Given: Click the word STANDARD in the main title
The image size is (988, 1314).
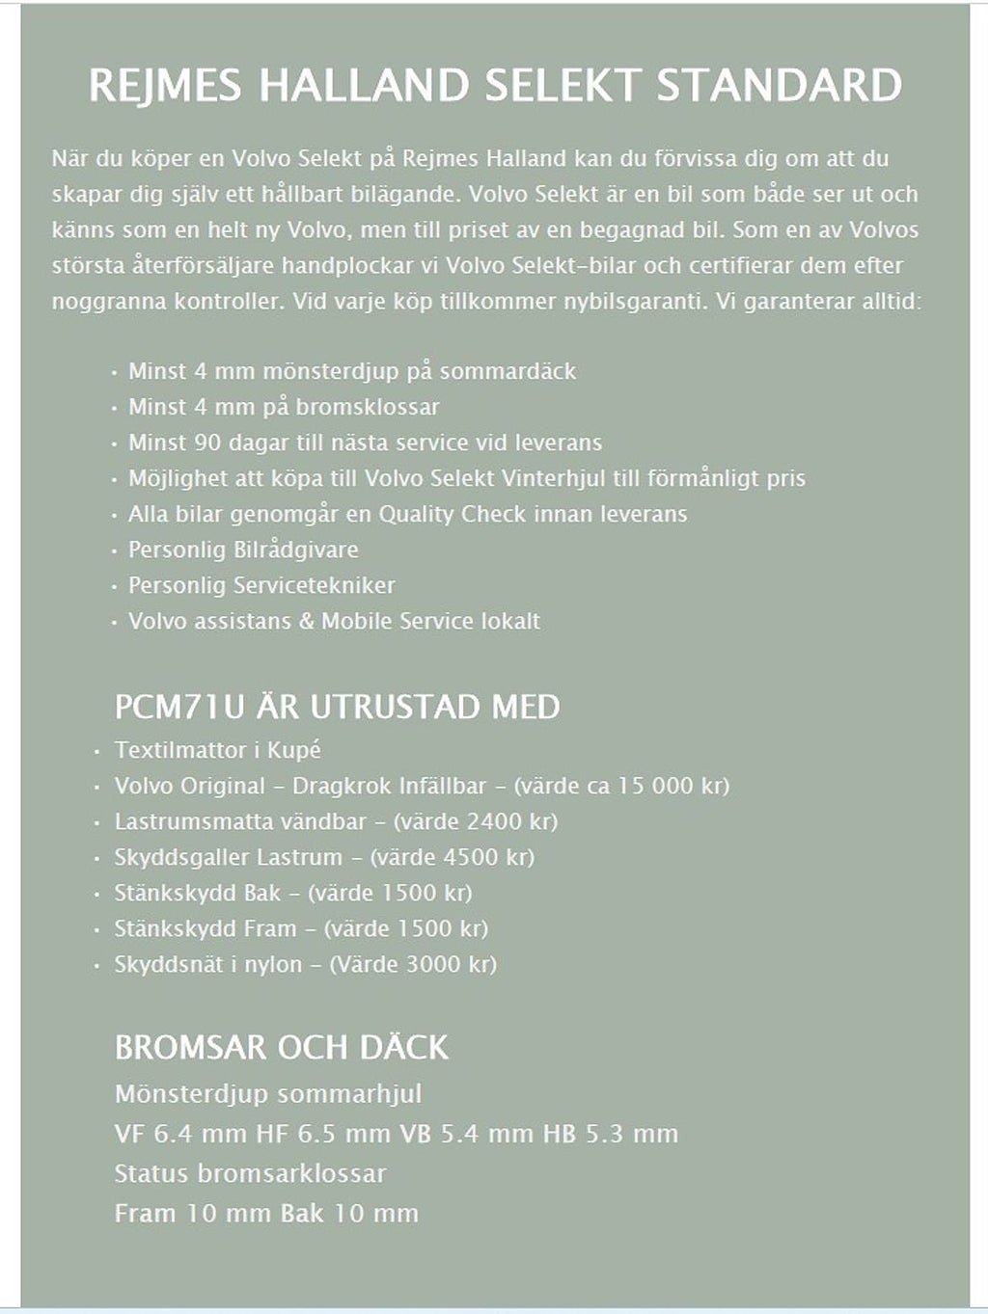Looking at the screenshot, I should coord(779,86).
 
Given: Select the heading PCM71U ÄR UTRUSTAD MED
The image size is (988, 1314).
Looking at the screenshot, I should coord(337,707).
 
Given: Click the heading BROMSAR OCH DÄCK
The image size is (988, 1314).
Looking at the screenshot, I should coord(281,1047).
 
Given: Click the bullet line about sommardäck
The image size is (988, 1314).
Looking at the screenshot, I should coord(351,371).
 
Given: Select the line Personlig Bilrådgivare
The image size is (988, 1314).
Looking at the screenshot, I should coord(243,550).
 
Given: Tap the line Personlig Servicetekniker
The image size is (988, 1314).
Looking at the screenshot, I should coord(261,585).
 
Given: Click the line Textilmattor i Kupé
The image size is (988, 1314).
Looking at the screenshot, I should coord(217,750).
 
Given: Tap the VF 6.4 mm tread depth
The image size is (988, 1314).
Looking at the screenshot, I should coord(180,1134).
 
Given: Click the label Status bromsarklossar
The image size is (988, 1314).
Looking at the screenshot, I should coord(250,1173).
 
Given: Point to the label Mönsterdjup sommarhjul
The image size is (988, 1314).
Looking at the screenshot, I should coord(267,1094).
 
